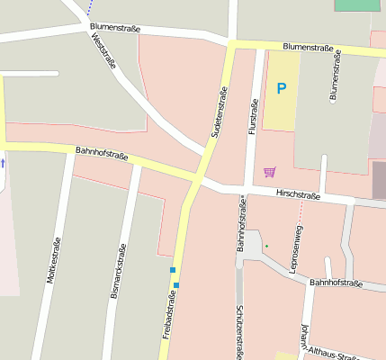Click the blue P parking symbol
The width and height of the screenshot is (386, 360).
(281, 88)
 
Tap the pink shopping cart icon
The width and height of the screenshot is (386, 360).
(269, 171)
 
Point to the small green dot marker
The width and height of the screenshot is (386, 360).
(266, 245)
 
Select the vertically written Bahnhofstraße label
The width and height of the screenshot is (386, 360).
(241, 225)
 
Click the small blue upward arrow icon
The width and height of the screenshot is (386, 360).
(3, 163)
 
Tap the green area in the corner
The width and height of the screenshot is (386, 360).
(357, 4)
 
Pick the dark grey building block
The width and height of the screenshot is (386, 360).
(379, 180)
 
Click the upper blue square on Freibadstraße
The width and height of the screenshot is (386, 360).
(172, 269)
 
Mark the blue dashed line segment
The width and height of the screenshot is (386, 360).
(90, 7)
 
